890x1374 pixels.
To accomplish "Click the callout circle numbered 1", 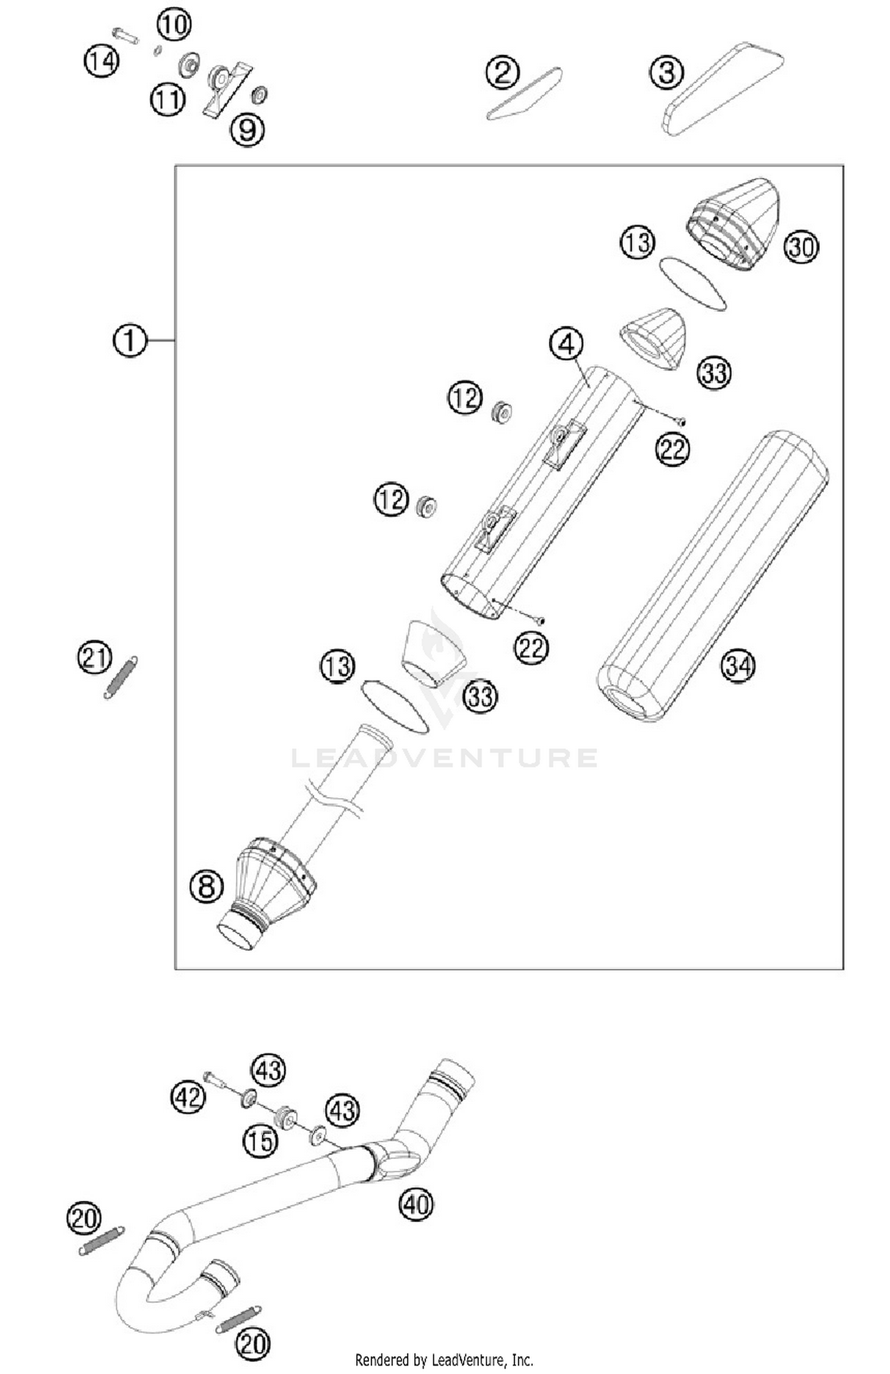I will pos(129,340).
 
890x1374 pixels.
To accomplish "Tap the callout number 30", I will pos(801,246).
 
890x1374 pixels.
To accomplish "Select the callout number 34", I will pos(738,666).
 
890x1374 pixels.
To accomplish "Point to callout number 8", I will pos(206,887).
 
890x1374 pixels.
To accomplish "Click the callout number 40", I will pos(416,1204).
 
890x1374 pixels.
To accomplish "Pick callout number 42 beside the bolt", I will pos(189,1096).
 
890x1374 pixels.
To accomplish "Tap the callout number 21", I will pos(95,658).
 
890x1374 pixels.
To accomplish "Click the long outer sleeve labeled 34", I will pos(712,575).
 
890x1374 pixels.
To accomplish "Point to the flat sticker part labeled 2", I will pos(525,94).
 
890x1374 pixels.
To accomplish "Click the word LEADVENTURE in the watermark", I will pos(445,758).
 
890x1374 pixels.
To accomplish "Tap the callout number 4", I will pos(567,344).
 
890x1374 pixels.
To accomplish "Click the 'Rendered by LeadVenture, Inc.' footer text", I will pos(444,1359).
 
